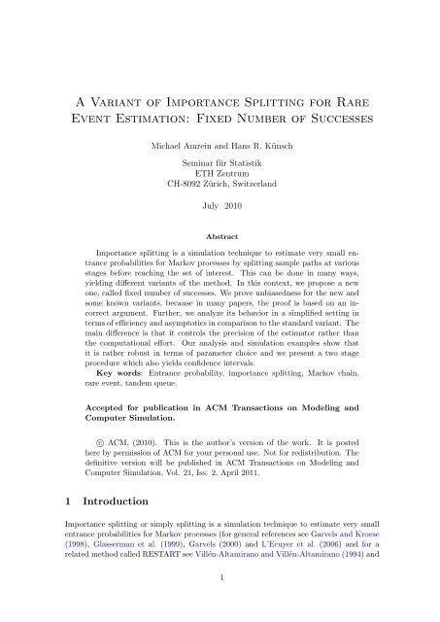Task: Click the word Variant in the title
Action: tap(118, 93)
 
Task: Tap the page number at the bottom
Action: tap(220, 605)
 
